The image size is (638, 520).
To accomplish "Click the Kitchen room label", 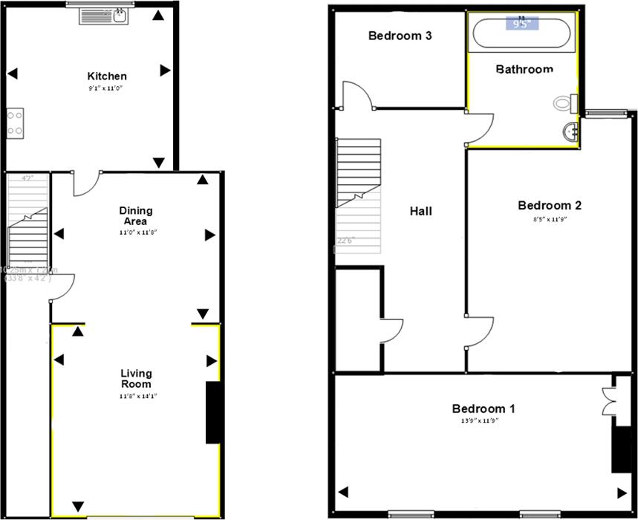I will [107, 76].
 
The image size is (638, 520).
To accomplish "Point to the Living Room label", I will [136, 378].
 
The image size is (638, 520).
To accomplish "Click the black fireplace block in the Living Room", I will [213, 412].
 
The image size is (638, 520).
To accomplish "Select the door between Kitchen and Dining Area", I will [85, 183].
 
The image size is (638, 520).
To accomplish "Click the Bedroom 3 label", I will [400, 36].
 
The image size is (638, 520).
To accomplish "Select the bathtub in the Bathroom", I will [522, 32].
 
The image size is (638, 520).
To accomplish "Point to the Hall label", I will [421, 211].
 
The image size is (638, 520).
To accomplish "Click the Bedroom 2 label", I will [549, 206].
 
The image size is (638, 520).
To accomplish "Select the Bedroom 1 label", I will [484, 409].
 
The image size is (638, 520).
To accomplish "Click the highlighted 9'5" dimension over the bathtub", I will [522, 23].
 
